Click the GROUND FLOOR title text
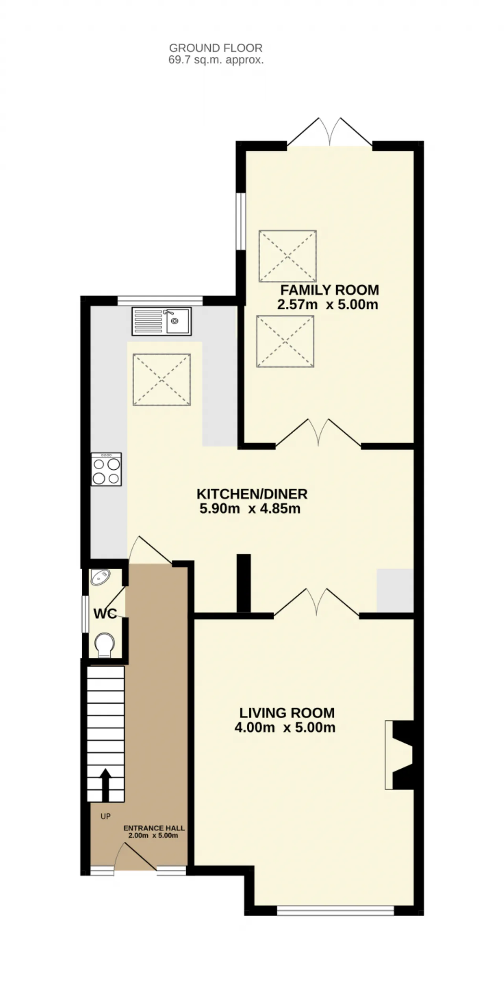(x=216, y=48)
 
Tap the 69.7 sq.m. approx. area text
(x=216, y=60)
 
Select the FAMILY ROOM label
(x=330, y=290)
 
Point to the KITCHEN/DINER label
(x=252, y=494)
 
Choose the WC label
(x=105, y=613)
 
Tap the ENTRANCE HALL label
(x=154, y=828)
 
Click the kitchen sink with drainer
(x=162, y=321)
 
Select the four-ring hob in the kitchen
(x=106, y=469)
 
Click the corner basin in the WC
(x=100, y=577)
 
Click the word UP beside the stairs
(x=106, y=817)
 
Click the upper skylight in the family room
(x=288, y=256)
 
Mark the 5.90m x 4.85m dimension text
(x=250, y=509)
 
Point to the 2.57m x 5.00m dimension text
(x=328, y=305)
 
